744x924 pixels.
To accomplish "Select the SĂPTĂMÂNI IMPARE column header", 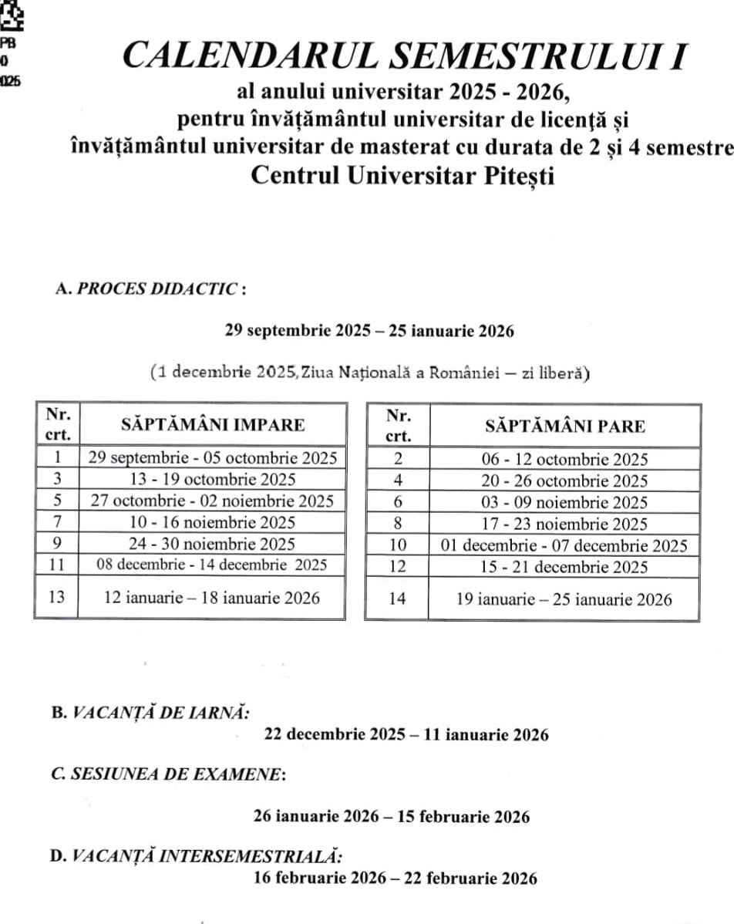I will [212, 425].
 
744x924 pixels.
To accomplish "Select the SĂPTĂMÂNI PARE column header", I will [565, 425].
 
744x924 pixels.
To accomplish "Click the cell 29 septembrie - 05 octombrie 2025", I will [212, 458].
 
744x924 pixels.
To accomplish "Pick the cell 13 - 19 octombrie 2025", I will [212, 479].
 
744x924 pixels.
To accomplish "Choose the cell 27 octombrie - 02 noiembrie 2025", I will [212, 501].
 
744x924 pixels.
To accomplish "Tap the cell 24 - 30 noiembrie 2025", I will [212, 543].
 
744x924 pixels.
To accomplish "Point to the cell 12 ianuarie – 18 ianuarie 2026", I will [212, 597].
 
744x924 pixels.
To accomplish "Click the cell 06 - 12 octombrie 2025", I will [565, 460].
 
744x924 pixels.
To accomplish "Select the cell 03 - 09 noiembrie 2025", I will [565, 503].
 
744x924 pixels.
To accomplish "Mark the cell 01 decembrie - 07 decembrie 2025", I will [565, 546].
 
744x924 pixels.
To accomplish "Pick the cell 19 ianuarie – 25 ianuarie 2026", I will [565, 599].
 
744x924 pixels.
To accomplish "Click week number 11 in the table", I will [56, 565].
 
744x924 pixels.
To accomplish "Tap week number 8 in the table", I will [397, 524].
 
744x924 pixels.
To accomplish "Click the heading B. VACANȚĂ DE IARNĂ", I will [150, 713].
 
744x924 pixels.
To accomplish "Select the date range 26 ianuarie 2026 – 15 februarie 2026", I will [392, 816].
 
